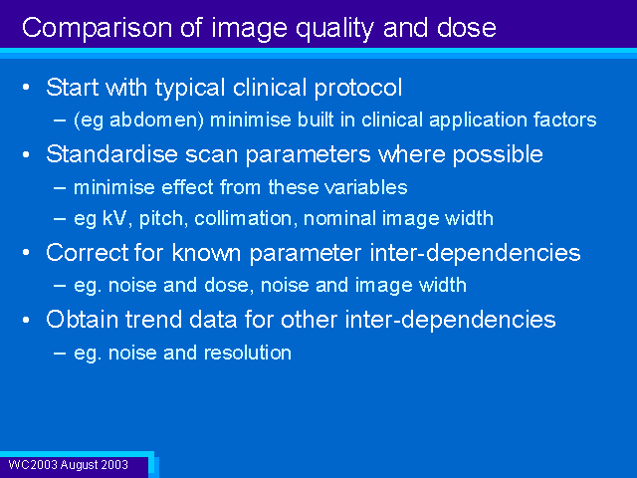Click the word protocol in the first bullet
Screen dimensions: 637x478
tap(358, 88)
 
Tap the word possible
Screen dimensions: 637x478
tap(498, 155)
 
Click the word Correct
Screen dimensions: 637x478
tap(87, 253)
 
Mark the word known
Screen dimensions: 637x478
tap(206, 253)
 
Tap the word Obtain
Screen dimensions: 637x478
tap(82, 319)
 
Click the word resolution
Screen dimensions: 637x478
tap(248, 353)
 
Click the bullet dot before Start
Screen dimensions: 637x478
tap(27, 87)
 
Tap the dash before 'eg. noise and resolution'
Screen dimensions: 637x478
tap(60, 353)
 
